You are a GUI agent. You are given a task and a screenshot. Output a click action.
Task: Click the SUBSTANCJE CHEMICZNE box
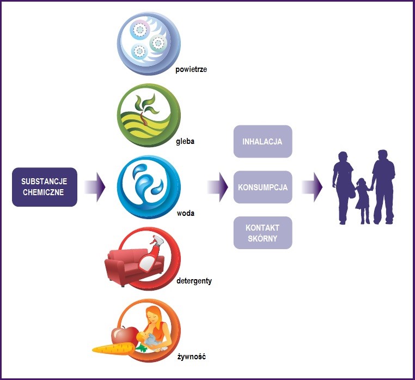45,187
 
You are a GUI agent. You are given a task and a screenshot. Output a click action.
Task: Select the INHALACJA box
263,142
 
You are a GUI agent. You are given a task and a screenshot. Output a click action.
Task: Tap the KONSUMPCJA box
263,187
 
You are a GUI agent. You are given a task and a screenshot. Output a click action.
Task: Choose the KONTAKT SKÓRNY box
263,232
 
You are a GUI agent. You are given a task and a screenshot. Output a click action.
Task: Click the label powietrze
191,69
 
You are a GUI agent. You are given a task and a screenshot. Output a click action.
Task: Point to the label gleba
185,141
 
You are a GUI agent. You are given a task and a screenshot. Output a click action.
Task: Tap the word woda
185,213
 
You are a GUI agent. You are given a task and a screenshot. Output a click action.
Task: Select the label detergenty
194,281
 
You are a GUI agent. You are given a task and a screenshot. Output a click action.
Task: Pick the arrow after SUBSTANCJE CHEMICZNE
95,187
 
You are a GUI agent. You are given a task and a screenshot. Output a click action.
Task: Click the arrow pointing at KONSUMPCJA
217,187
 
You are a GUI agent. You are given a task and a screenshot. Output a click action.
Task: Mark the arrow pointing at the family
312,187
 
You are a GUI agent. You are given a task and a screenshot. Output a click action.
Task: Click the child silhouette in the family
362,199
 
